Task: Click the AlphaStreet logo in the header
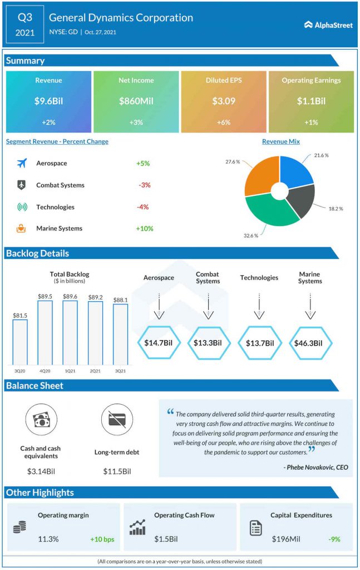328,24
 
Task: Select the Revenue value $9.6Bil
48,101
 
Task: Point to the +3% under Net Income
136,122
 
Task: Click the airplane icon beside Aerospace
22,163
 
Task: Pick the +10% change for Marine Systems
144,228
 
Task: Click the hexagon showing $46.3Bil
309,342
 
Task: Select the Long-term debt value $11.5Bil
117,471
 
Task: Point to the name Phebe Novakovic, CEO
315,467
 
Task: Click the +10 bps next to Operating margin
102,539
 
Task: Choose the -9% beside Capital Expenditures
334,539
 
